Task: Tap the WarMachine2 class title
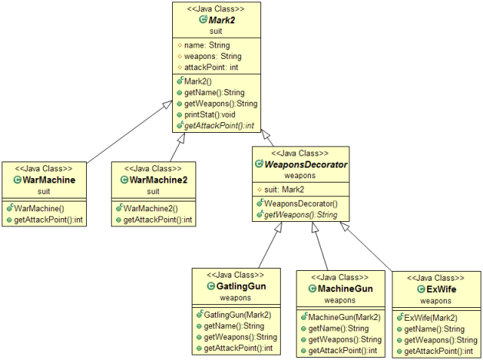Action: click(158, 180)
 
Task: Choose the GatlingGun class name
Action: click(235, 287)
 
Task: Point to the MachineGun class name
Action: click(340, 289)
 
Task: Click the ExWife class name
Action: click(437, 289)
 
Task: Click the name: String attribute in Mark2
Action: click(206, 45)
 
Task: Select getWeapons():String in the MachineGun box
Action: click(342, 340)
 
